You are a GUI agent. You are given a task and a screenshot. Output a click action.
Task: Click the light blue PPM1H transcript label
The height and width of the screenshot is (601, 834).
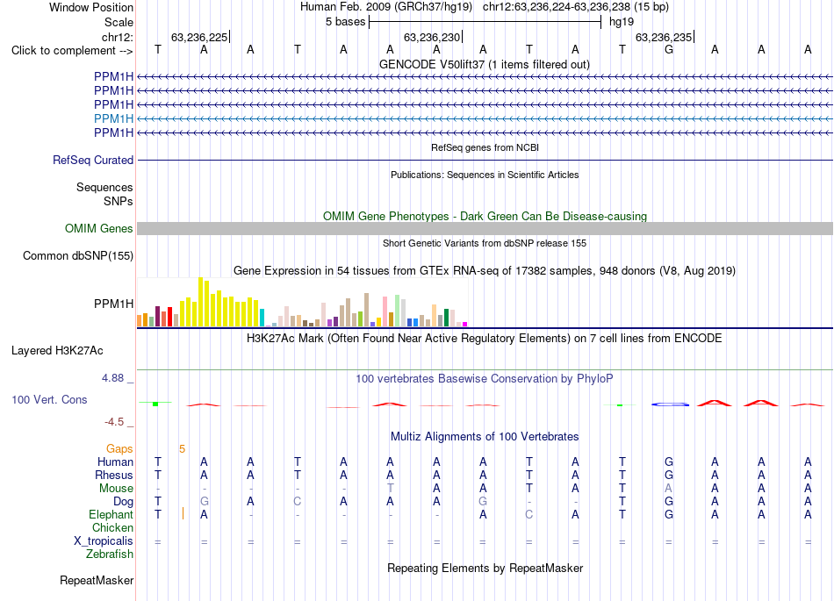point(113,118)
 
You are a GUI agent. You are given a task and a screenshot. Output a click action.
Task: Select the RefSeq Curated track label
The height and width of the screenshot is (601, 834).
point(93,160)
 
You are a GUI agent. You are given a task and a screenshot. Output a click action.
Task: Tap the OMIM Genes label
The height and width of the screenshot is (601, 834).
point(99,228)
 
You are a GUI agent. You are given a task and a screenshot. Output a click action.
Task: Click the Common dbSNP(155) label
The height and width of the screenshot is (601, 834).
point(78,255)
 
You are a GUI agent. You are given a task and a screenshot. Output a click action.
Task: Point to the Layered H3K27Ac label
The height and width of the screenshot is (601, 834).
point(57,351)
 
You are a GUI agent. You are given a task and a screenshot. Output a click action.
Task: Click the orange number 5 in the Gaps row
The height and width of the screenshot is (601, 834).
point(182,449)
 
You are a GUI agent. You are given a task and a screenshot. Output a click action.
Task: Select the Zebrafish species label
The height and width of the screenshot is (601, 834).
point(110,554)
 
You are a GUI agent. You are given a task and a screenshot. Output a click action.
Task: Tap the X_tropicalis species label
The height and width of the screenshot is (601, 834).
point(104,541)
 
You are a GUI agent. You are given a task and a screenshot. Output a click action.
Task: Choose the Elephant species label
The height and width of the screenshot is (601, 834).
point(111,514)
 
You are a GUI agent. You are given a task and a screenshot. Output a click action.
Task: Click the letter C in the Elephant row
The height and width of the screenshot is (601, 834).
point(528,514)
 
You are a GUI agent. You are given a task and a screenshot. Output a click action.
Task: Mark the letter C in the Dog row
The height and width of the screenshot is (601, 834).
point(298,501)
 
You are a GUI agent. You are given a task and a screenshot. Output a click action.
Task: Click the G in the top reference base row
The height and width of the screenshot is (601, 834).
point(669,49)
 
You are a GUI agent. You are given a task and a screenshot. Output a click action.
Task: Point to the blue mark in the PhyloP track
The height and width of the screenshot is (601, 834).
point(670,404)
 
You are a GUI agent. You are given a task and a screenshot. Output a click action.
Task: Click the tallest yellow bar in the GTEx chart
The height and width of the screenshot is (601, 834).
point(200,302)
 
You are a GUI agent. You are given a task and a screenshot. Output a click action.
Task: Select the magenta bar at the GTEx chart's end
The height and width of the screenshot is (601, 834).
point(465,324)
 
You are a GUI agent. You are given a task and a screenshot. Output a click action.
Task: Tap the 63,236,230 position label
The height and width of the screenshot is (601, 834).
point(432,37)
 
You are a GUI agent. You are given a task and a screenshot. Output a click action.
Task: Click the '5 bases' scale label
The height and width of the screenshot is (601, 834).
point(346,22)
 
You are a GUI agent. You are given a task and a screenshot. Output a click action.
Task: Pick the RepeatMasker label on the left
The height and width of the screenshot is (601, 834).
point(97,580)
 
